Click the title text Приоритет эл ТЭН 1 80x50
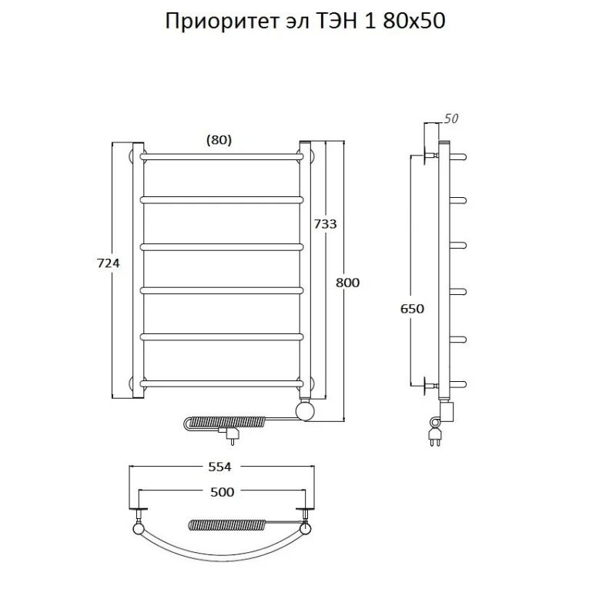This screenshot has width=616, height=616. (306, 21)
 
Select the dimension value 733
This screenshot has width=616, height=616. (324, 223)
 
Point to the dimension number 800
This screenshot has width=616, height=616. (348, 283)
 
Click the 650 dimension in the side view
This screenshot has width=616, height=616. (412, 309)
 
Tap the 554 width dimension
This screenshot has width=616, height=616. (221, 467)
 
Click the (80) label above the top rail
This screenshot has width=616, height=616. (219, 139)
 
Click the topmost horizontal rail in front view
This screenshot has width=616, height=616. (221, 156)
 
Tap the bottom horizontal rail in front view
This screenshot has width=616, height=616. (221, 382)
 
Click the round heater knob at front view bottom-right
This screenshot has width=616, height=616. (306, 410)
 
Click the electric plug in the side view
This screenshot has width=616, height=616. (433, 436)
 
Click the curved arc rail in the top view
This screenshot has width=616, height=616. (221, 548)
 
